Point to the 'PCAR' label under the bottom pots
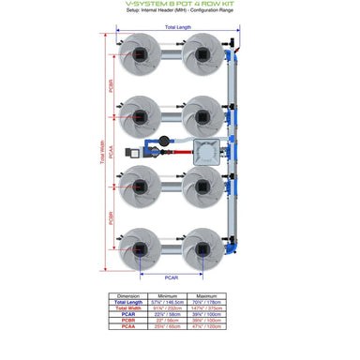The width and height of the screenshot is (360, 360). [x=171, y=278]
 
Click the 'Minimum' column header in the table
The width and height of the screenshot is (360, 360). [x=169, y=294]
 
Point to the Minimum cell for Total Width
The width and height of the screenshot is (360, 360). [x=169, y=308]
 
